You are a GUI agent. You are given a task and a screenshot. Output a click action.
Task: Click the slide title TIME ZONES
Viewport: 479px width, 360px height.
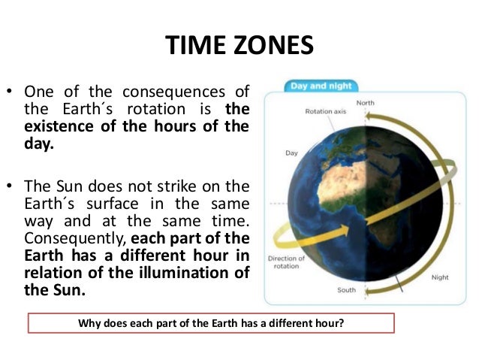tap(239, 47)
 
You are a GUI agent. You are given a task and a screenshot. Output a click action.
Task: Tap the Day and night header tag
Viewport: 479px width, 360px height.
tap(320, 86)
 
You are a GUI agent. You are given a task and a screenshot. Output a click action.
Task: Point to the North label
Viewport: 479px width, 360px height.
tap(366, 104)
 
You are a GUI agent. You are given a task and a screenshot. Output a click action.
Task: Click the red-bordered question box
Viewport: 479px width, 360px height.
tap(211, 324)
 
